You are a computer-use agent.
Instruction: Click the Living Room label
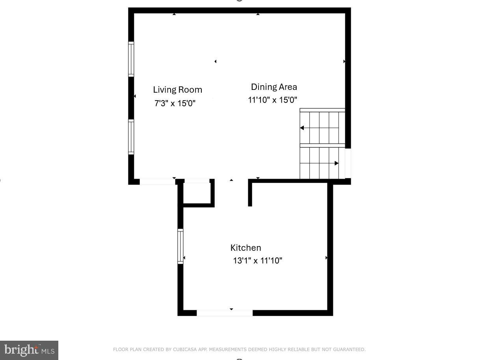177,90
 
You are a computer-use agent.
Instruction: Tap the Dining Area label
274,87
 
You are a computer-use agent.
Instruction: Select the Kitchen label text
246,248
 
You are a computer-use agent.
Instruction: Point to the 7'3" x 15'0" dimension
175,103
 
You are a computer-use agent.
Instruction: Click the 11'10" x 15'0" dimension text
272,100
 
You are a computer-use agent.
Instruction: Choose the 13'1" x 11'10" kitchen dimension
257,261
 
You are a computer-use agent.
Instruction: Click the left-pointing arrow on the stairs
302,128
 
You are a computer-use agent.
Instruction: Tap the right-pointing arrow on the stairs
336,163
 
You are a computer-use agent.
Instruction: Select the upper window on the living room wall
131,59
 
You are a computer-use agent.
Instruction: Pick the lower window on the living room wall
131,137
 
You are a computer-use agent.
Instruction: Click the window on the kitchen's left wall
180,246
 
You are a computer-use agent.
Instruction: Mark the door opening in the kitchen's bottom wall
225,313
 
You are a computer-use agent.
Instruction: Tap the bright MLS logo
29,350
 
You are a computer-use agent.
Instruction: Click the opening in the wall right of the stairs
348,163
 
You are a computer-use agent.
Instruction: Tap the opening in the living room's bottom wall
157,182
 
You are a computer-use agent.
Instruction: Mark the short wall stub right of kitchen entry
250,193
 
